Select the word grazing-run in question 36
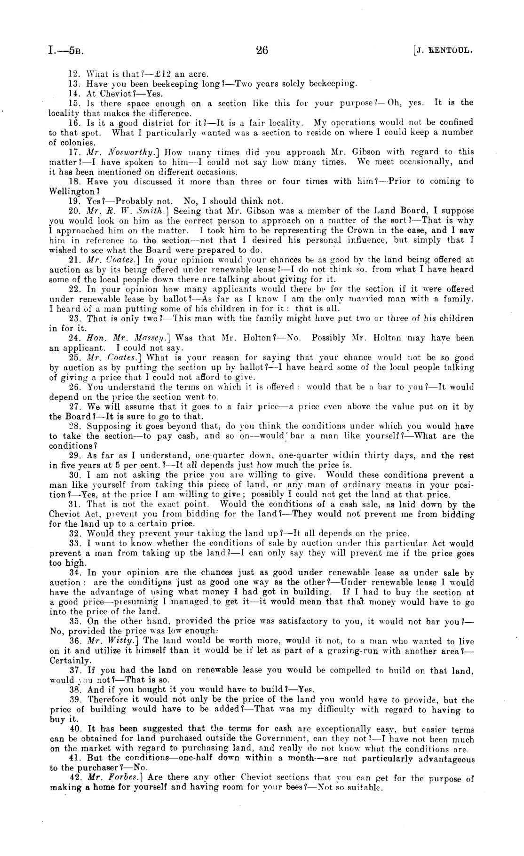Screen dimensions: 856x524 [349, 651]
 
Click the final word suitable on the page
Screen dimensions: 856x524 [368, 788]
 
